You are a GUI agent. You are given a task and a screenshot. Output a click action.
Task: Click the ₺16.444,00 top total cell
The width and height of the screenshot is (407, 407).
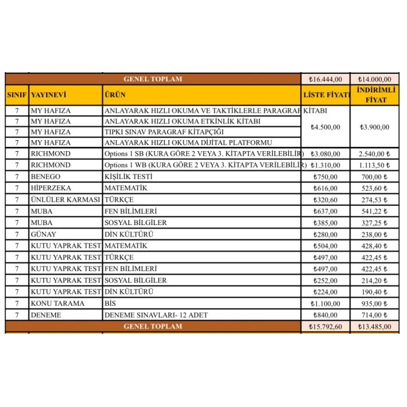(x=326, y=79)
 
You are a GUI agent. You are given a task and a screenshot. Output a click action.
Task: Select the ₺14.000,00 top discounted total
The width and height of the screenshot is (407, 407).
(x=374, y=79)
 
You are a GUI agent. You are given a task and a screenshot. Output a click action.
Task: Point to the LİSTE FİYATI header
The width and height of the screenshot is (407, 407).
(x=326, y=95)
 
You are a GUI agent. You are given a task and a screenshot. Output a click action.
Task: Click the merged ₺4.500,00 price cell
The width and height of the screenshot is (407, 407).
(x=326, y=127)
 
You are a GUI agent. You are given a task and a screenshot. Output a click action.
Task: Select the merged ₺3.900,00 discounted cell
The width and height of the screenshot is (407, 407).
(x=374, y=127)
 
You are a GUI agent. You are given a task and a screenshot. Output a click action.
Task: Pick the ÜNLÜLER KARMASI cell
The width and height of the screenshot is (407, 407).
(x=65, y=199)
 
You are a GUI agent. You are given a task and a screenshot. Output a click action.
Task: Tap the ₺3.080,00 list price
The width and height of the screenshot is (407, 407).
(x=326, y=153)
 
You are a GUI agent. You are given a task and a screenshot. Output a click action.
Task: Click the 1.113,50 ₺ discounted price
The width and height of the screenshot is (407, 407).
(x=374, y=165)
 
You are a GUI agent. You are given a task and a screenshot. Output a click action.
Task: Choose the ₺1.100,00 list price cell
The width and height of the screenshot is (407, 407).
(x=326, y=304)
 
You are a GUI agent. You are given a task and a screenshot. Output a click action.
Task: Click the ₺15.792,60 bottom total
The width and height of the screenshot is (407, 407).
(x=326, y=327)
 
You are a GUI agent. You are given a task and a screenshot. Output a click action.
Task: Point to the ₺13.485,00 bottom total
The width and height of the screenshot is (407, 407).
(x=374, y=327)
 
